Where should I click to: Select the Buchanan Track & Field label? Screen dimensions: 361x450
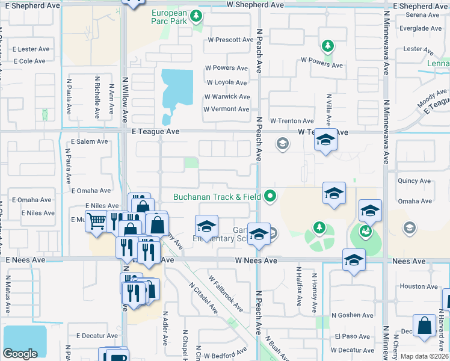point(217,196)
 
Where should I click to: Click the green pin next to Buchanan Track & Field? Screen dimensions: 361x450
point(271,196)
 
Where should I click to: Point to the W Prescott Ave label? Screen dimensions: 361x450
point(230,40)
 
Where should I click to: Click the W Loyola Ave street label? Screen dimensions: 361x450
point(226,82)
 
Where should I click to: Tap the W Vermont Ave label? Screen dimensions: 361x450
point(226,110)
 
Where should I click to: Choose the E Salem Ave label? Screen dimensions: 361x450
point(89,141)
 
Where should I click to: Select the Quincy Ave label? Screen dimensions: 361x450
point(414,180)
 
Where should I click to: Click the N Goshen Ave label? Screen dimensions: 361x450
point(353,315)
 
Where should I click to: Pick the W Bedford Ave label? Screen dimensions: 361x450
point(227,350)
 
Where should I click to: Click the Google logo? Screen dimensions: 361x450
point(20,354)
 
